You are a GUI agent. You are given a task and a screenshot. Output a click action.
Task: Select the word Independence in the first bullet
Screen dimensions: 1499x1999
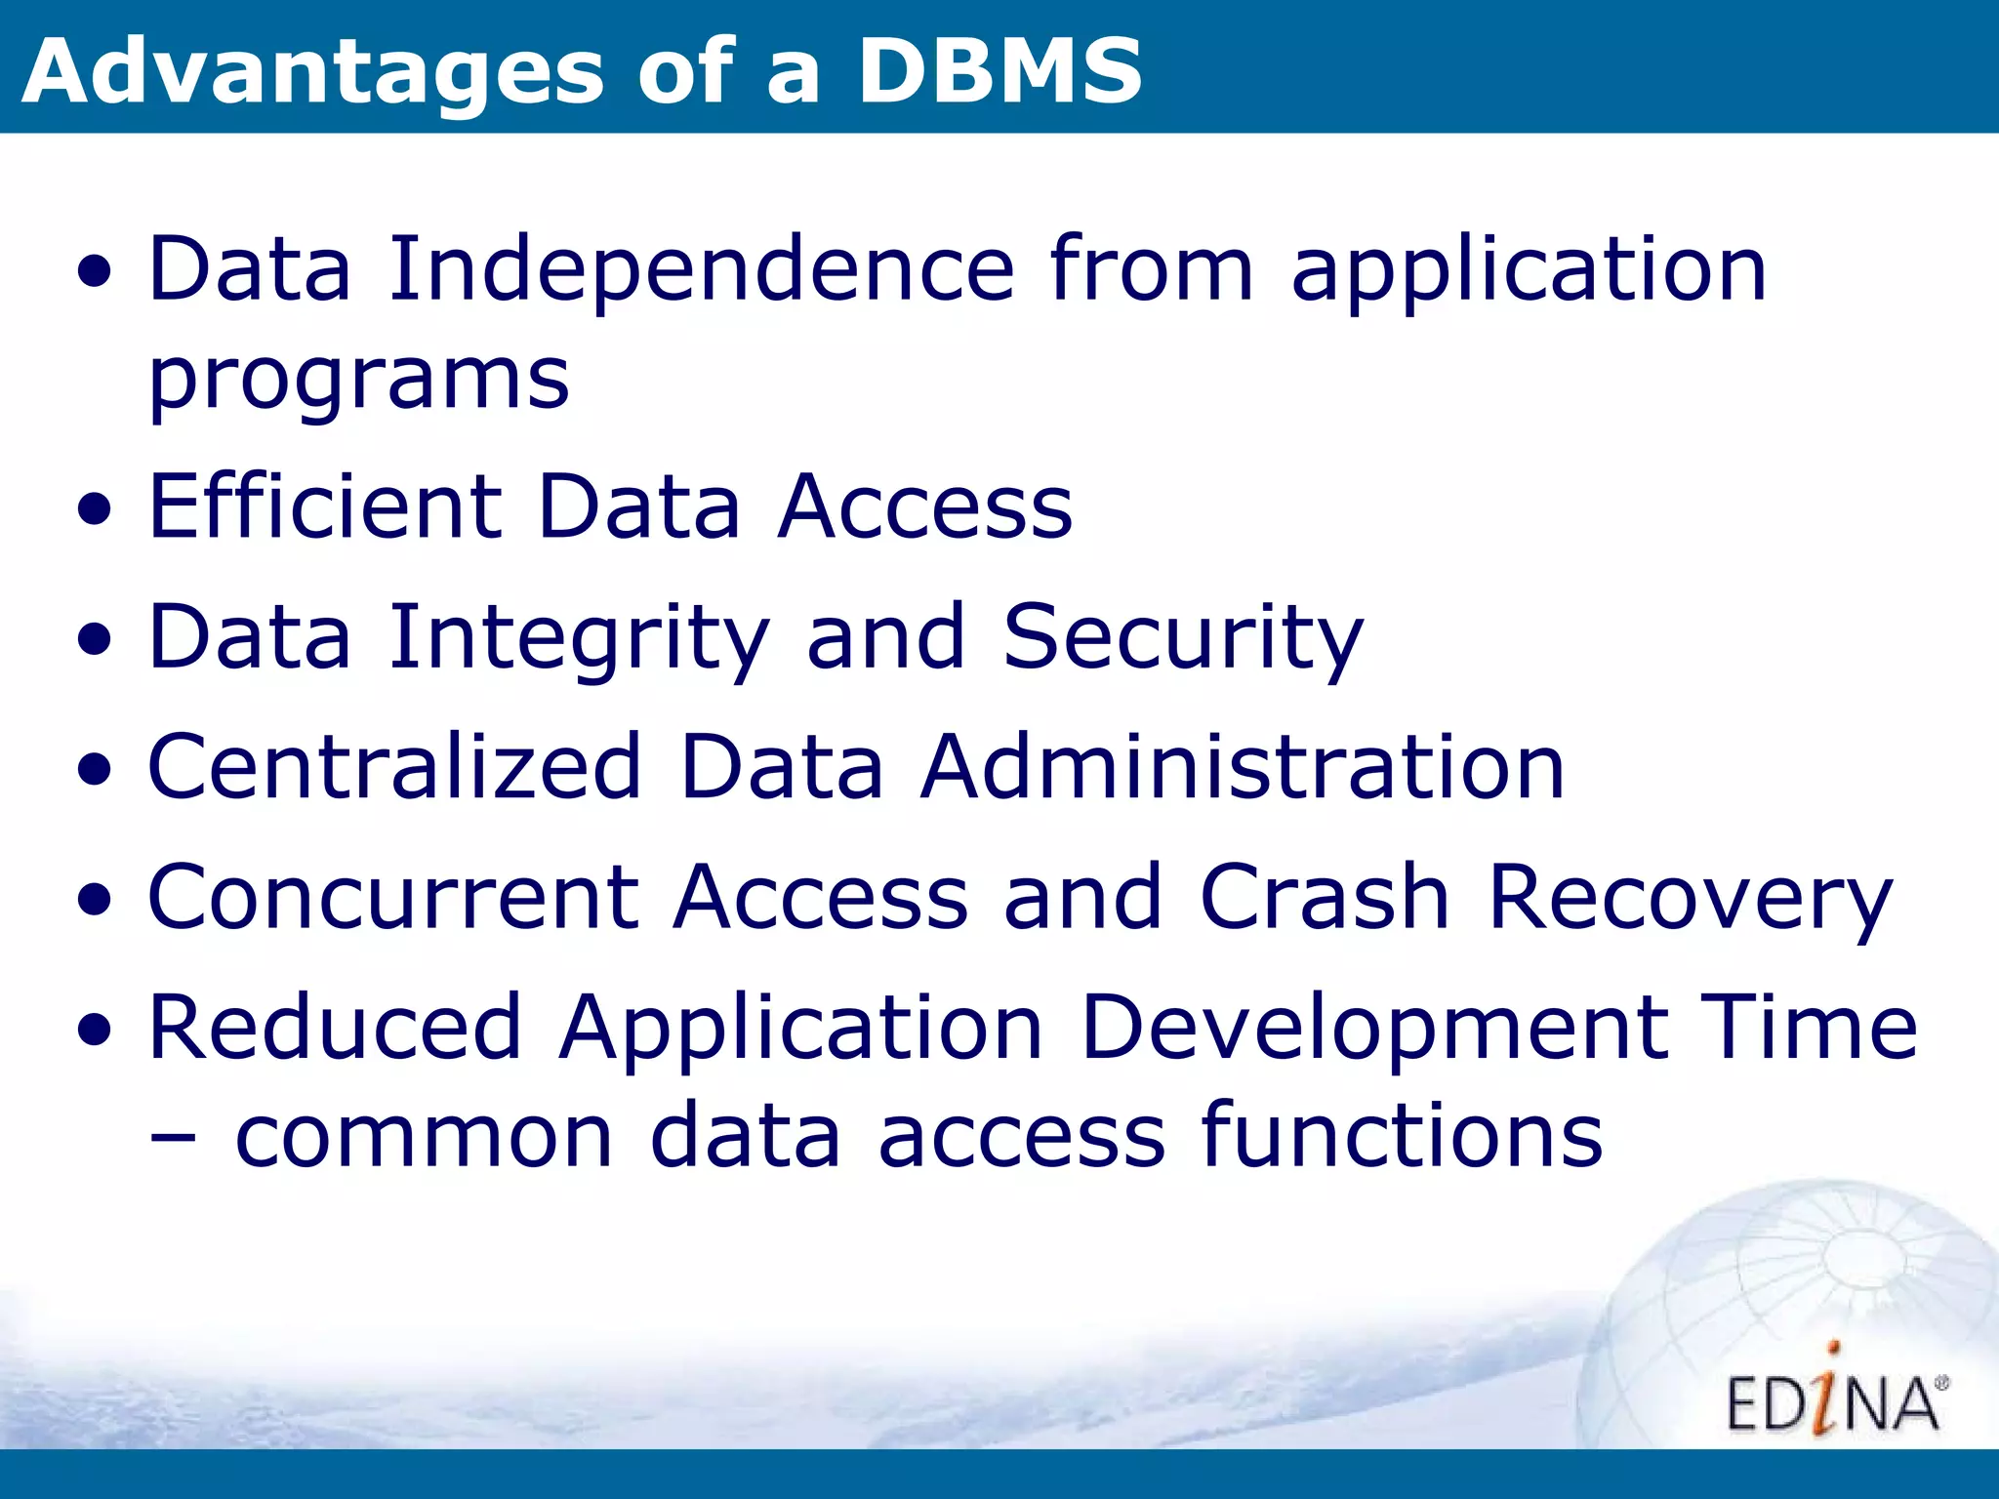[x=702, y=270]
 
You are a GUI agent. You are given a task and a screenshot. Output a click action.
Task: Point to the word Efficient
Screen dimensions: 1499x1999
[x=324, y=507]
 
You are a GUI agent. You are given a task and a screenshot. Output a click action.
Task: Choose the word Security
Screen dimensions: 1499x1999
[x=1182, y=638]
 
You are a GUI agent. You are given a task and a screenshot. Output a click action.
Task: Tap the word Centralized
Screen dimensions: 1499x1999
[x=394, y=768]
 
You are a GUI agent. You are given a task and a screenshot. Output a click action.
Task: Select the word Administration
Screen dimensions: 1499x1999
[x=1242, y=768]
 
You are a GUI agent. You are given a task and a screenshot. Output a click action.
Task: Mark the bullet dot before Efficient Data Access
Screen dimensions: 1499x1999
[x=95, y=509]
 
